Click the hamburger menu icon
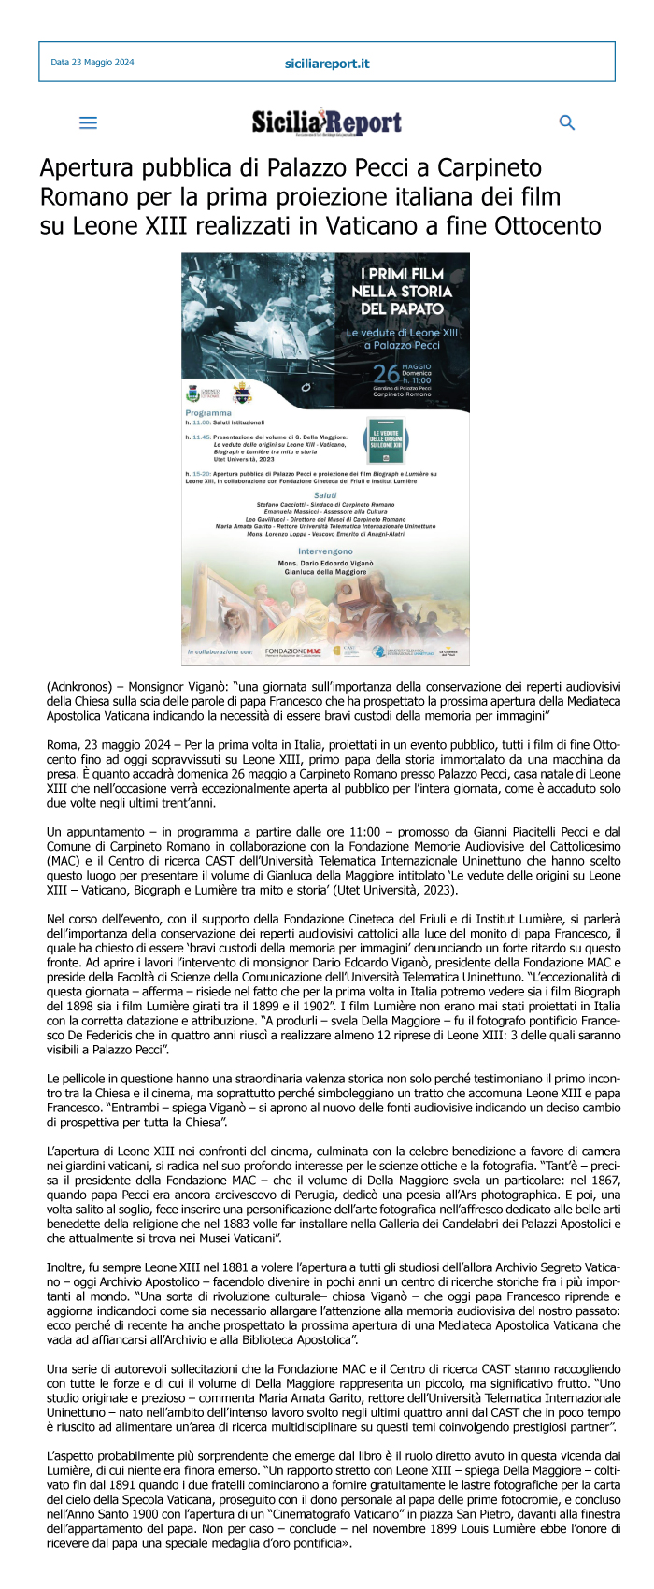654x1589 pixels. coord(88,122)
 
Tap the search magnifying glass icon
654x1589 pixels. coord(566,122)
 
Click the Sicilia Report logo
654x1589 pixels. coord(327,122)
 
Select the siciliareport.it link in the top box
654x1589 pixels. coord(327,64)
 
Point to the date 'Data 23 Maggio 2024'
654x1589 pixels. coord(92,63)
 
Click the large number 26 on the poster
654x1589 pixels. coord(386,374)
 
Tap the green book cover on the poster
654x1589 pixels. coord(387,441)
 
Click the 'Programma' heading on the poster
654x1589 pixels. coord(208,412)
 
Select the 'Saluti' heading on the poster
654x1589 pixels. coord(325,495)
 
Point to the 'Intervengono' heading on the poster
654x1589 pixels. coord(325,551)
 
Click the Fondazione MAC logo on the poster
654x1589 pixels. coord(293,651)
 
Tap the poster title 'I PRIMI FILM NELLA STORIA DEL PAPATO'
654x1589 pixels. coord(402,291)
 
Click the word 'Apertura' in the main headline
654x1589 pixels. coord(85,168)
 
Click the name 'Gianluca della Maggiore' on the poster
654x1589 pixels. coord(325,572)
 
